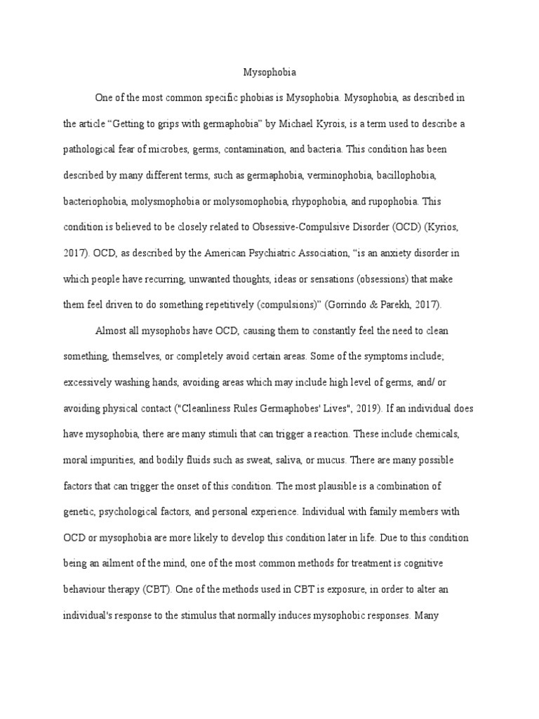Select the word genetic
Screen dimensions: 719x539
(x=81, y=511)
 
